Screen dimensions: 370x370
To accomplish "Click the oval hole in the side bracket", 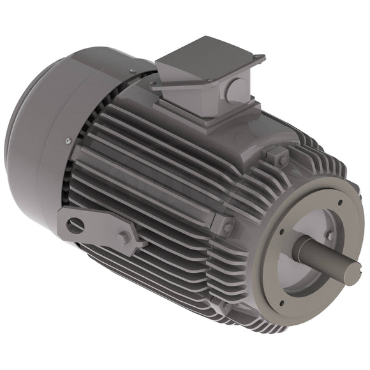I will (x=75, y=224).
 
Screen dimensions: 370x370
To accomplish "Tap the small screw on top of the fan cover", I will (x=132, y=70).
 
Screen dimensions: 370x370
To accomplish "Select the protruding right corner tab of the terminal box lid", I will (x=258, y=59).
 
